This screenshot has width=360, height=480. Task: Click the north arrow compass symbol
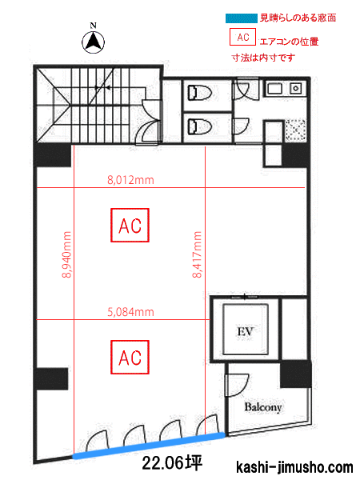click(x=93, y=42)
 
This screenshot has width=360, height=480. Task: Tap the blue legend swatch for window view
click(x=242, y=18)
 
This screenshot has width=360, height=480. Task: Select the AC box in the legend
click(x=242, y=37)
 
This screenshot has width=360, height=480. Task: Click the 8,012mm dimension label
click(x=130, y=180)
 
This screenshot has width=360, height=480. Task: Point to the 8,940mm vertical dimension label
click(x=66, y=254)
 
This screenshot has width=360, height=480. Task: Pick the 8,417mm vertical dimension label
click(x=197, y=254)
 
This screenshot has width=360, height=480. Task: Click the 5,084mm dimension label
click(x=130, y=312)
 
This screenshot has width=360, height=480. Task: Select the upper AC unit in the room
click(x=130, y=226)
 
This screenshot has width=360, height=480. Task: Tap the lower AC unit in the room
click(x=130, y=358)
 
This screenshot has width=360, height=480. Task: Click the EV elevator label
click(x=246, y=331)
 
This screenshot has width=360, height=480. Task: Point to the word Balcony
click(x=263, y=407)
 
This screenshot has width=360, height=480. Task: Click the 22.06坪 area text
click(x=172, y=462)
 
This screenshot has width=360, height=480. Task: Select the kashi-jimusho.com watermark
click(x=294, y=467)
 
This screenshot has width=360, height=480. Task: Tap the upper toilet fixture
click(x=200, y=93)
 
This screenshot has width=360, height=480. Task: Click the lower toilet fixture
click(x=200, y=126)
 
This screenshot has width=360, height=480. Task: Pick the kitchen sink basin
click(x=275, y=89)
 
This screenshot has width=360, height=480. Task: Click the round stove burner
click(x=296, y=89)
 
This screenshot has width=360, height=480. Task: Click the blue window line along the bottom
click(x=149, y=445)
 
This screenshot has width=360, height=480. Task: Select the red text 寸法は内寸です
click(x=263, y=58)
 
